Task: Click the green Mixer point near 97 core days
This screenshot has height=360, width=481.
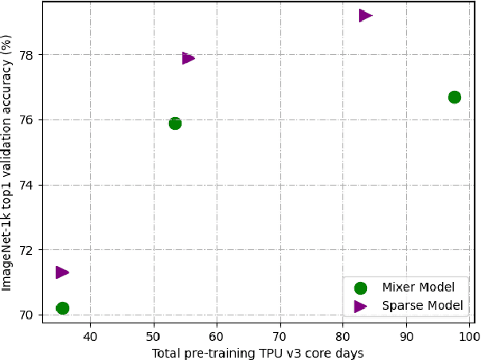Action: tap(454, 97)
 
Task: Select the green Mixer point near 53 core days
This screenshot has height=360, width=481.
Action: tap(175, 123)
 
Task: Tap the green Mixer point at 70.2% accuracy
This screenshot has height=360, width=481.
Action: tap(62, 308)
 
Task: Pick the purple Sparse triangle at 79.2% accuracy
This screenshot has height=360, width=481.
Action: tap(366, 15)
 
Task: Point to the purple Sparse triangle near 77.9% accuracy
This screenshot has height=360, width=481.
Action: tap(188, 57)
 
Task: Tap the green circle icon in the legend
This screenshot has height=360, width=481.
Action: tap(361, 288)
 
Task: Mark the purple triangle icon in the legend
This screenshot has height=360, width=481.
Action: tap(361, 306)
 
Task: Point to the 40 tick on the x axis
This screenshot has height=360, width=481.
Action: tap(90, 336)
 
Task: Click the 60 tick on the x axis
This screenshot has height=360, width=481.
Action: tap(217, 336)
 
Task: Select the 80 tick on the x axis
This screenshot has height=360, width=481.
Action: tap(343, 336)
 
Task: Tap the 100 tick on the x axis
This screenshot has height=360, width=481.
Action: tap(469, 336)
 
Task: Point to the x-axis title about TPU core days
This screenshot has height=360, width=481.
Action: tap(258, 353)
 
